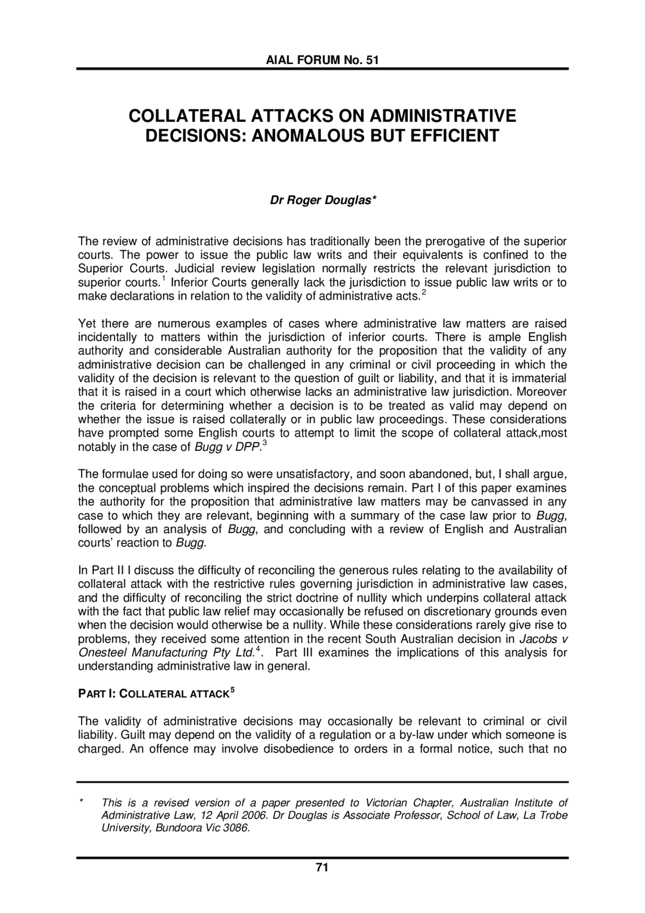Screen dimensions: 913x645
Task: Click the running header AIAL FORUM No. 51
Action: [x=322, y=60]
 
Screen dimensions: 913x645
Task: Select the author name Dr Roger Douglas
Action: [x=322, y=201]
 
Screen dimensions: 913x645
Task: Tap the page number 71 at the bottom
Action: [x=322, y=868]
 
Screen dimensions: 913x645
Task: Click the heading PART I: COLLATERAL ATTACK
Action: [x=151, y=694]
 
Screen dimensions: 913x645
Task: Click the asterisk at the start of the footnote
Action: [x=81, y=802]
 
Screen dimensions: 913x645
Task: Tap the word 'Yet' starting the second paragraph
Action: [x=86, y=323]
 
